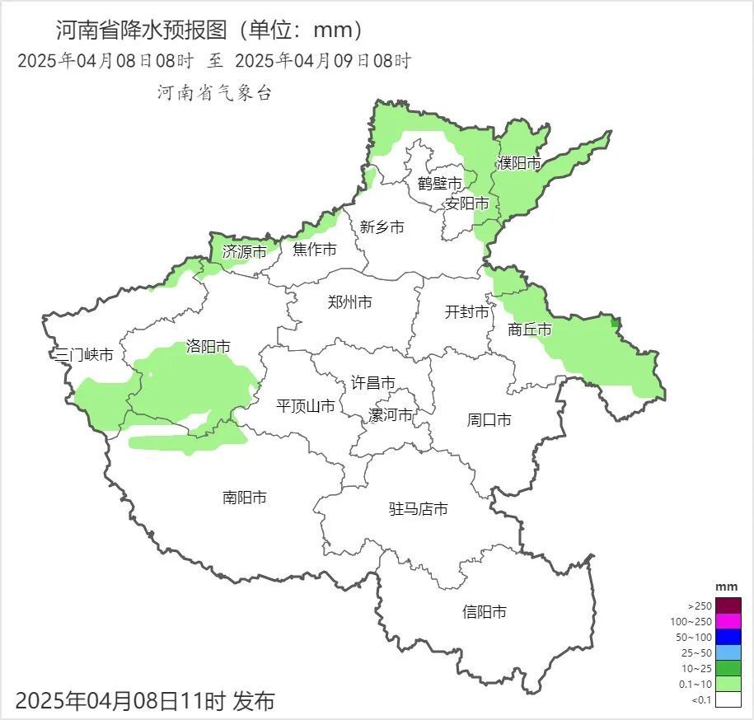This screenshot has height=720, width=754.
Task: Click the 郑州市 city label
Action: tap(349, 302)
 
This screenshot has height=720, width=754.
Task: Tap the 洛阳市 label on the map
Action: tap(208, 347)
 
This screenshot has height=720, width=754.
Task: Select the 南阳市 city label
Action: tap(244, 498)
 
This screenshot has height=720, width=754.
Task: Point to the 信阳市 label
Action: tap(484, 612)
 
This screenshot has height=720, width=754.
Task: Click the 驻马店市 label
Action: tap(418, 509)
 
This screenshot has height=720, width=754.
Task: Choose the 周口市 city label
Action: tap(489, 420)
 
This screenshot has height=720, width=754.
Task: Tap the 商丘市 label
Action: tap(530, 330)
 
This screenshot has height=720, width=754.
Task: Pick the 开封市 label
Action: tap(466, 312)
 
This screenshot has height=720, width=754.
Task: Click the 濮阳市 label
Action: tap(519, 163)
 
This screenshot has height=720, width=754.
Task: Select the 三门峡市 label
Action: tap(83, 356)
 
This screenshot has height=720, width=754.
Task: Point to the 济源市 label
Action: tap(244, 252)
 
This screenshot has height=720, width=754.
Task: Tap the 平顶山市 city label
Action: tap(305, 406)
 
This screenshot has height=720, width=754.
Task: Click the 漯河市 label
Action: tap(390, 414)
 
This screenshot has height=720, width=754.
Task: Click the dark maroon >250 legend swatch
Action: tap(728, 605)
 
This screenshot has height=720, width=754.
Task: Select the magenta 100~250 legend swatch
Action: tap(728, 621)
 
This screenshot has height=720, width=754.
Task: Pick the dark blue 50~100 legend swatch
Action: tap(728, 637)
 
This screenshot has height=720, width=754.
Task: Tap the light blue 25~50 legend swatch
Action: tap(728, 652)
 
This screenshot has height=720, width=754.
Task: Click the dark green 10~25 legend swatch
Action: tap(728, 668)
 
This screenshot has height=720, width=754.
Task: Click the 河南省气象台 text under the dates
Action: tap(214, 93)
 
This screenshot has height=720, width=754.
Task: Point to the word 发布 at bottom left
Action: tap(254, 702)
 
